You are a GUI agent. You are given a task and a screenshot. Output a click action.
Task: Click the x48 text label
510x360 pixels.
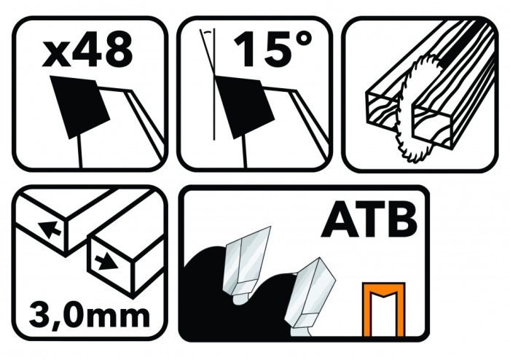[x=87, y=49]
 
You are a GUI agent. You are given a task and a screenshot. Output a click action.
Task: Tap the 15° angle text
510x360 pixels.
[x=272, y=49]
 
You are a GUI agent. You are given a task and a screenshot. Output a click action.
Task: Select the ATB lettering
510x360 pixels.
[x=369, y=220]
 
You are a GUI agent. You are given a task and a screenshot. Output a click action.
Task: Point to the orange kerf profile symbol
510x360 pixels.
[x=384, y=309]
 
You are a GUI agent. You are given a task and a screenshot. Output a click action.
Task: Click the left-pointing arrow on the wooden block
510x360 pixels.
[x=50, y=230]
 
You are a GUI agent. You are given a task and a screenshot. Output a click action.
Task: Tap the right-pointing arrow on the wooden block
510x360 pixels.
[x=106, y=262]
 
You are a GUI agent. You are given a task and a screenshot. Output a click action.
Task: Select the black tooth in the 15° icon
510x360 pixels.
[x=245, y=106]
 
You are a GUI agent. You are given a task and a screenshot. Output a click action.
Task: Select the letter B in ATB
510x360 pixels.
[x=403, y=220]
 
